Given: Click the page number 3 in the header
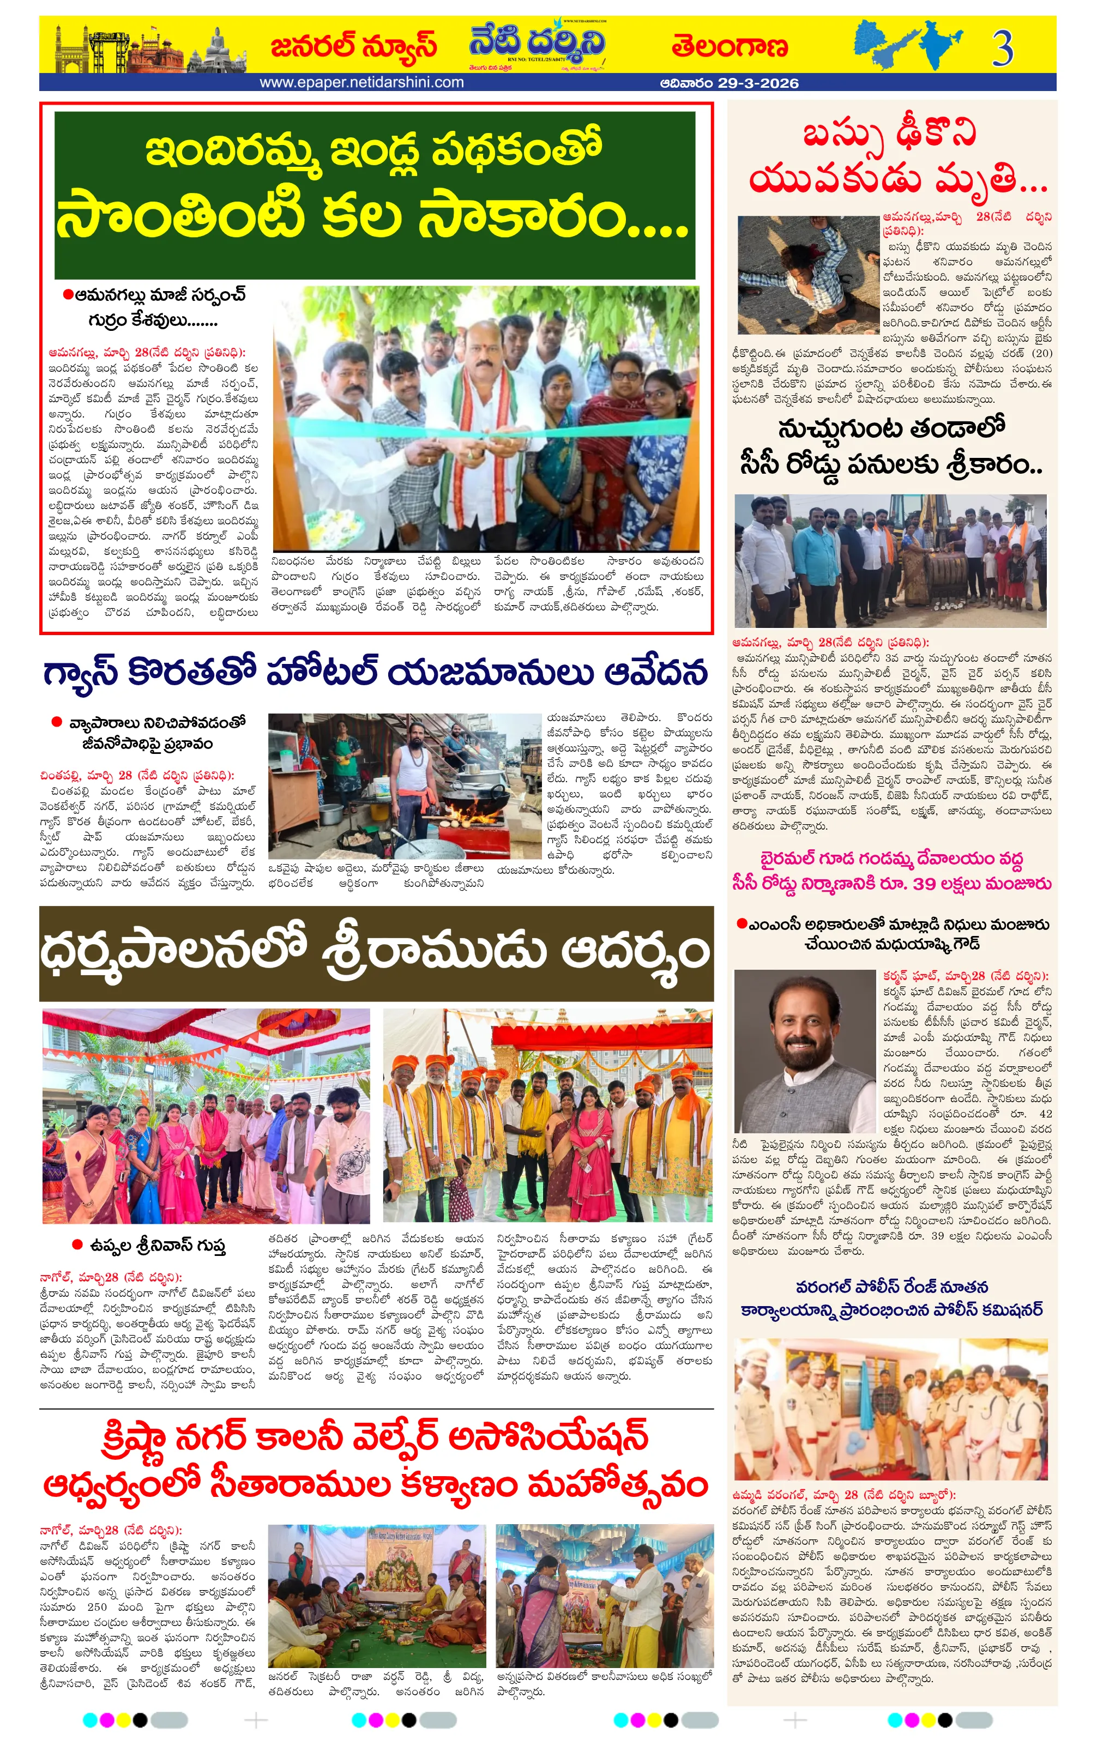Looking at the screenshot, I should tap(1003, 49).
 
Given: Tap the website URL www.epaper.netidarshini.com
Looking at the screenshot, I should tap(361, 83).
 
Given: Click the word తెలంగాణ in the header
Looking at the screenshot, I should tap(728, 46).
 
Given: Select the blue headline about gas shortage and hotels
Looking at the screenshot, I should tap(375, 672).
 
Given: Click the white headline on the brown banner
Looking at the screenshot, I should tap(375, 952).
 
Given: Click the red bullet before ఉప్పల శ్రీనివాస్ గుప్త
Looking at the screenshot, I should tap(77, 1244).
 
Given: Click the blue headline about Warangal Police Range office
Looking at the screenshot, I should tap(891, 1298).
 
